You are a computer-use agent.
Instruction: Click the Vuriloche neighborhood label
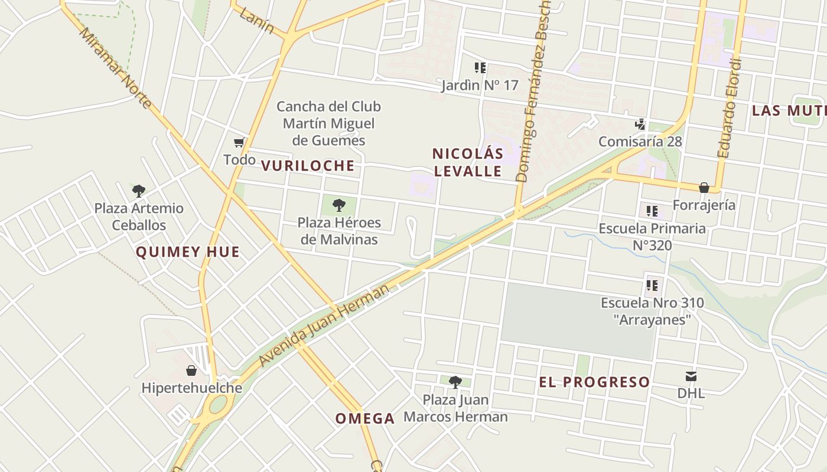[308, 166]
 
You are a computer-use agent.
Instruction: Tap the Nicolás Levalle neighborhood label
[467, 162]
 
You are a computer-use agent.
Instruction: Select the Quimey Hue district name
[188, 252]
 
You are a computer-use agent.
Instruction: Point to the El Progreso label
[594, 382]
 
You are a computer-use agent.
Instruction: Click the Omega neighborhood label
[365, 418]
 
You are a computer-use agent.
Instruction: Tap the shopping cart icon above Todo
[239, 142]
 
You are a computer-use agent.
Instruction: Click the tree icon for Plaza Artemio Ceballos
[139, 191]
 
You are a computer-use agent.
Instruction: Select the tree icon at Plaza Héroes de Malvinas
[339, 205]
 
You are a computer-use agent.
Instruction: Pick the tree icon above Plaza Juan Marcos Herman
[455, 382]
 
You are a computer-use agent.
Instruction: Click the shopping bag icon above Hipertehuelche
[191, 371]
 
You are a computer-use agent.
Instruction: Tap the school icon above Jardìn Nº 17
[480, 68]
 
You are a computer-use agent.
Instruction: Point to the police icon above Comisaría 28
[640, 124]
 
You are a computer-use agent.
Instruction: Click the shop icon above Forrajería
[704, 188]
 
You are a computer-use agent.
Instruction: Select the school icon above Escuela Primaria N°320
[652, 211]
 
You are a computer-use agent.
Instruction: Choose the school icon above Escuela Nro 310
[652, 286]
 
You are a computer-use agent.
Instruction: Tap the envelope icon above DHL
[691, 376]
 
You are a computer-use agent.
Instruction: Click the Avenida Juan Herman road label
[324, 324]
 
